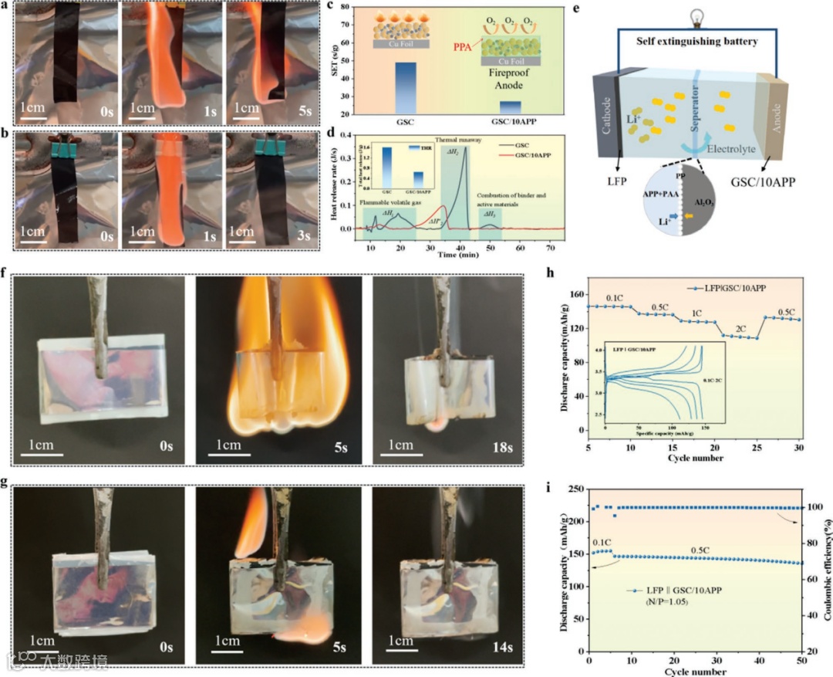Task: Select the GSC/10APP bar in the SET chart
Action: [x=510, y=107]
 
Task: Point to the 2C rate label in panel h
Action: [x=742, y=328]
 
